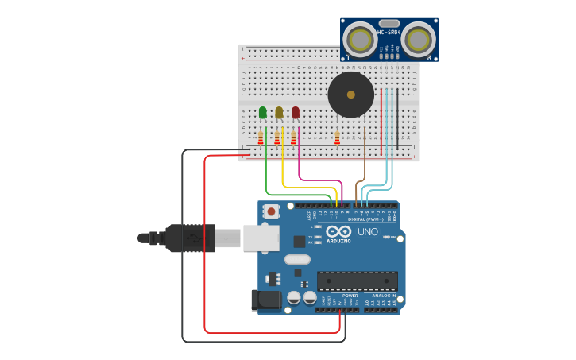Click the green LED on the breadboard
point(263,113)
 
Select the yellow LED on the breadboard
point(279,113)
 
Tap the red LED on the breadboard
point(296,113)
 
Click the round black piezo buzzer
point(350,95)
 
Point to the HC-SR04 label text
point(389,33)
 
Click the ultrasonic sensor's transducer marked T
point(361,39)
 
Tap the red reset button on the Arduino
point(272,211)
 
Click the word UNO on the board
point(368,232)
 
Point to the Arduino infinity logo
point(337,231)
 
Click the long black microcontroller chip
point(358,281)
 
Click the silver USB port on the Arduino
point(261,238)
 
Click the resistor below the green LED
point(261,138)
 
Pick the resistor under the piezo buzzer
point(337,139)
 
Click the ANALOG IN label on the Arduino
point(384,296)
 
